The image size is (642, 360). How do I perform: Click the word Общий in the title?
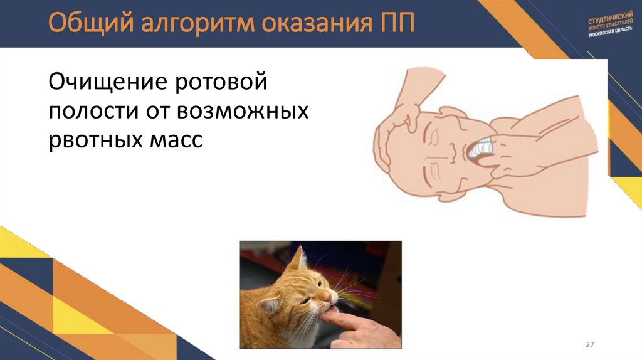pyautogui.click(x=83, y=23)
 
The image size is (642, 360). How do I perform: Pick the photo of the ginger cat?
pyautogui.click(x=320, y=294)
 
